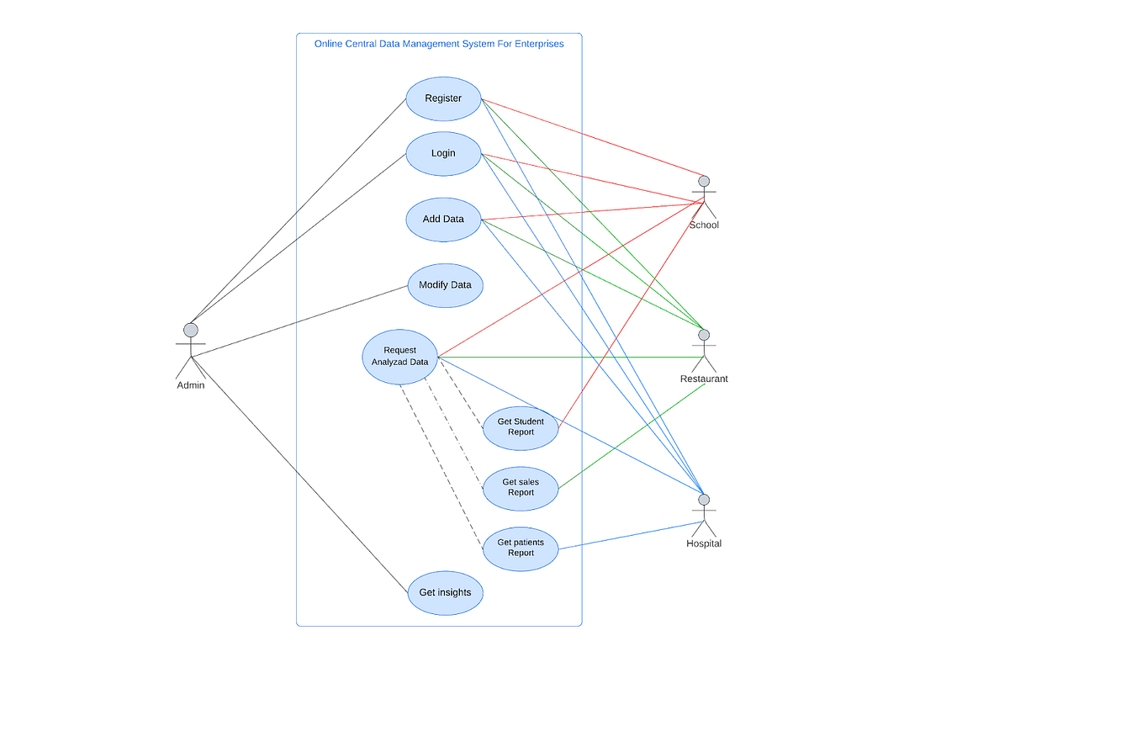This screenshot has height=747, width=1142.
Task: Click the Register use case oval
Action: (443, 98)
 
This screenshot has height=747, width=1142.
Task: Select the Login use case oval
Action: (443, 153)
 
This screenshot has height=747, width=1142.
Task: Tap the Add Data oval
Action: (443, 220)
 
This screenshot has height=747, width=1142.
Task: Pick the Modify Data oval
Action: (445, 285)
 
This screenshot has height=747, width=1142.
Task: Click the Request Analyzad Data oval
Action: (400, 357)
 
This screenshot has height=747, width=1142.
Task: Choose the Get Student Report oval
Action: (521, 427)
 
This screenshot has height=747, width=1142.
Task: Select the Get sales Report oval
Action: (521, 488)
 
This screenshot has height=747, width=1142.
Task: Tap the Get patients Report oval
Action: (521, 548)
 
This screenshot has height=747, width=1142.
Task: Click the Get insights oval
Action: (445, 592)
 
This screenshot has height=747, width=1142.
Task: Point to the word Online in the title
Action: (329, 44)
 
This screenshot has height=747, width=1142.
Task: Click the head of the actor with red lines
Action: (704, 181)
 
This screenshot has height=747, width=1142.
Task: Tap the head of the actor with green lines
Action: (704, 335)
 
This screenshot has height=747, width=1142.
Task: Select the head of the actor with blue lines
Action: (704, 500)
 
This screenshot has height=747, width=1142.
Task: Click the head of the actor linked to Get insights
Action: (191, 330)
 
